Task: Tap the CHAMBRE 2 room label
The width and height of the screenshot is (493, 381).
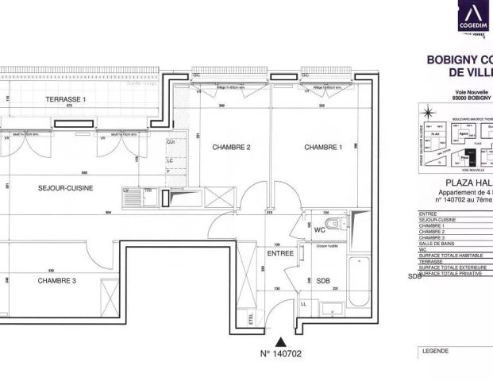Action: coord(231,148)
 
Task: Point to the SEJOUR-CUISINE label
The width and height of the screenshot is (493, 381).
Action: coord(66,188)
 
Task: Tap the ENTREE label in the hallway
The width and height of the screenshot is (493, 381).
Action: coord(280,254)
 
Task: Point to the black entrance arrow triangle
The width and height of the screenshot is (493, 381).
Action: coord(279,340)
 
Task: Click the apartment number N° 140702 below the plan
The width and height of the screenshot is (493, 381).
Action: coord(281,354)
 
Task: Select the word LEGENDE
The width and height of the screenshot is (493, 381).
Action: coord(435,351)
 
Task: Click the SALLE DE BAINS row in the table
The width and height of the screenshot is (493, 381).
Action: coord(440,243)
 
